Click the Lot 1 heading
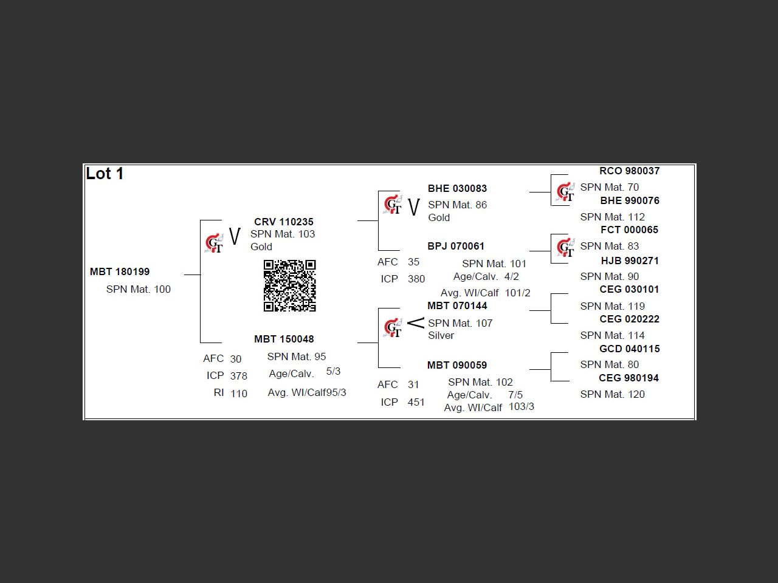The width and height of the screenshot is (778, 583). [105, 174]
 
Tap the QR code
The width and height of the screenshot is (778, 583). [290, 285]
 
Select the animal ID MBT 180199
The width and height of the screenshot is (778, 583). [120, 271]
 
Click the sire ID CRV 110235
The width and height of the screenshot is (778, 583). [284, 222]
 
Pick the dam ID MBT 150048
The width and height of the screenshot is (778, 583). [284, 339]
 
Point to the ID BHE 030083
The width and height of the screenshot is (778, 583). [457, 188]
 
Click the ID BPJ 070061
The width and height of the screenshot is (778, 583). [456, 246]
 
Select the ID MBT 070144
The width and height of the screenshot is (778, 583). [457, 305]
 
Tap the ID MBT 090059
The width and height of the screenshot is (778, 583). [457, 365]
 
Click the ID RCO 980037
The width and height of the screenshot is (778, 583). [629, 171]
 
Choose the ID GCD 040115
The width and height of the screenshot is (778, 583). [629, 349]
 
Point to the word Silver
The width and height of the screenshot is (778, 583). [441, 335]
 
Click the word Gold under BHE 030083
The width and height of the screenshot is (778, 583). [439, 217]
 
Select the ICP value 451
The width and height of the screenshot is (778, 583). [416, 402]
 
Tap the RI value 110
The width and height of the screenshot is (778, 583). [239, 394]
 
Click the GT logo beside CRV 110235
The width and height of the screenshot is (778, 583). [214, 243]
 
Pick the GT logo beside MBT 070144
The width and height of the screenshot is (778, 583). [393, 327]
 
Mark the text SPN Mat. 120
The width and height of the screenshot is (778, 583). [612, 394]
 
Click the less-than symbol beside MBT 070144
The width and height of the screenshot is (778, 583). [415, 322]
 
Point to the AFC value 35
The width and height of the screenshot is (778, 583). [413, 262]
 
